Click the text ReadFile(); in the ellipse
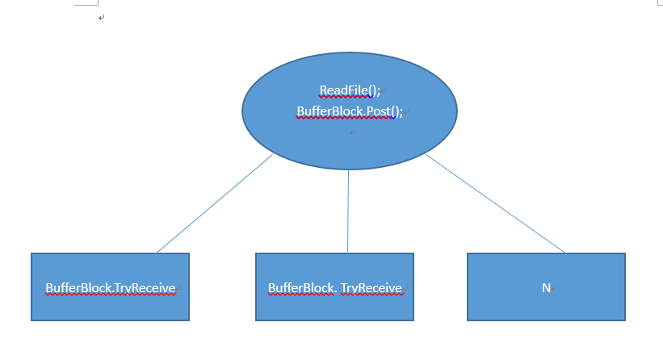[350, 90]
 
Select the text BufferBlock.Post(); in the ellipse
[350, 111]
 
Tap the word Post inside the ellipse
[378, 111]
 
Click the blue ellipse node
[349, 111]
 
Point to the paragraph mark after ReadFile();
[384, 91]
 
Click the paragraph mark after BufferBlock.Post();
[406, 112]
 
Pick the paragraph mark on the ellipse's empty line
[353, 132]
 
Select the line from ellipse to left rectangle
[215, 203]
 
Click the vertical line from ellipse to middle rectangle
[348, 211]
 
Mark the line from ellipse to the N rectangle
[495, 203]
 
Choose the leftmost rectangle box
[111, 287]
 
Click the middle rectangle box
[334, 287]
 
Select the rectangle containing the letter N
[546, 287]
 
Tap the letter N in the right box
[546, 288]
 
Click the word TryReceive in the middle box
[371, 289]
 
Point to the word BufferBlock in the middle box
[300, 288]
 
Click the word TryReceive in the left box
[145, 289]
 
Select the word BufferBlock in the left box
[78, 288]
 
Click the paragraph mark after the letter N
[554, 289]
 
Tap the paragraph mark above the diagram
[101, 17]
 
